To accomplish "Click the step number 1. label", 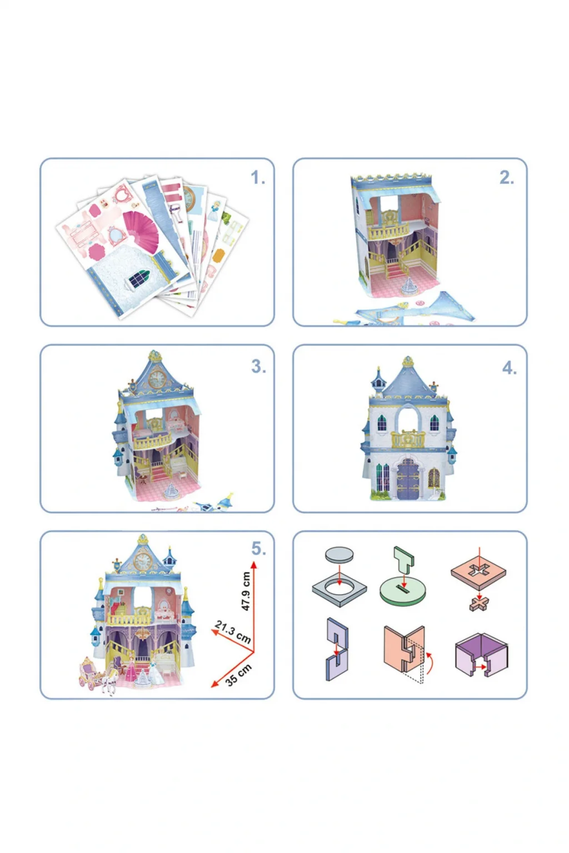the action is (258, 178).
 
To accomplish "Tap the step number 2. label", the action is (507, 178).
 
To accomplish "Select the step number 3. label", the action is (258, 367).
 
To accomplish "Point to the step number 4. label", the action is (510, 368).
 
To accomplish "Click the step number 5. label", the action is (258, 549).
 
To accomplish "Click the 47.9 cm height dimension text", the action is (246, 591).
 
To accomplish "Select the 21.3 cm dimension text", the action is (232, 632).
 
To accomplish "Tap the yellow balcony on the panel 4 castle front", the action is (408, 439).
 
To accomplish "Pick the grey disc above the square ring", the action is (339, 554).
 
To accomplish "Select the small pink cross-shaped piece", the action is (480, 604).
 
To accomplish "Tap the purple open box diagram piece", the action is (482, 654).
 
